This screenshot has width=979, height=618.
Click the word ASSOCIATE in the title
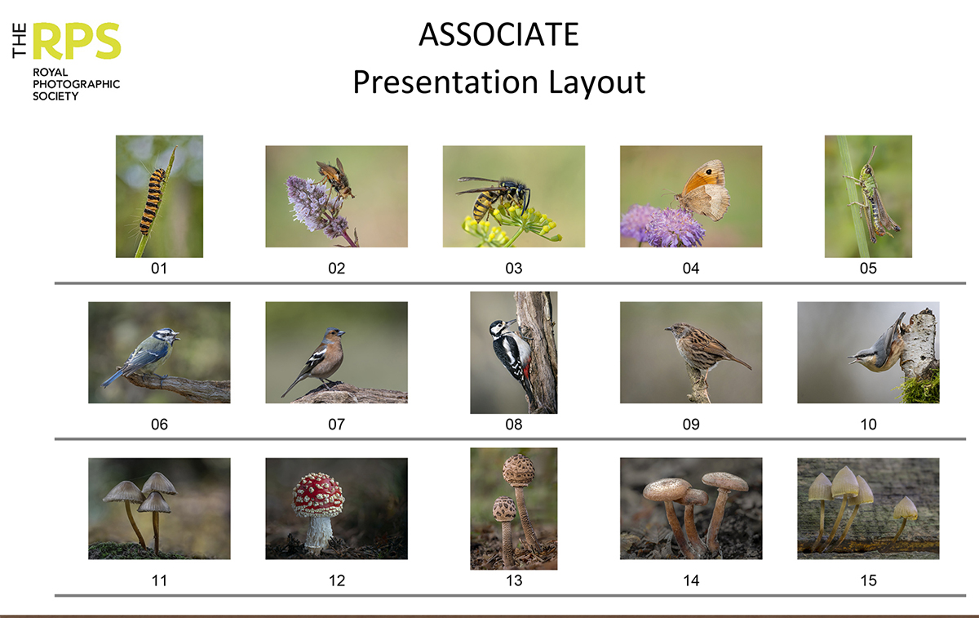point(498,35)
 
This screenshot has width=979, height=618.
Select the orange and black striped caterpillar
point(153,202)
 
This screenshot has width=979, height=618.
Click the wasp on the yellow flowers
point(498,197)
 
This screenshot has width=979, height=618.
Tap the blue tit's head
point(166,336)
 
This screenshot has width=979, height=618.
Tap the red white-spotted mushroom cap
point(318,495)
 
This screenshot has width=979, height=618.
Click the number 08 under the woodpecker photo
point(514,425)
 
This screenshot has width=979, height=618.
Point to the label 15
point(868,580)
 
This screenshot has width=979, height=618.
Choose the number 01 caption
point(159,268)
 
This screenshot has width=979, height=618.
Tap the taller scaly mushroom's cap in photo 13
point(517,470)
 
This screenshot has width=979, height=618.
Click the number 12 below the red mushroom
point(336,580)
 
